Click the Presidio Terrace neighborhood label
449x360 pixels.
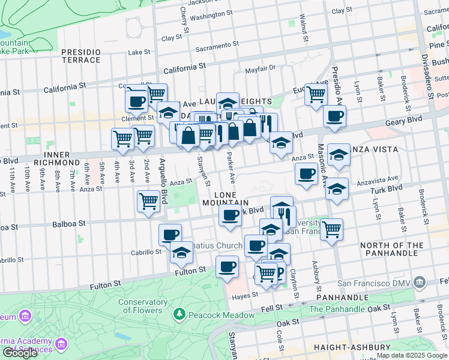coord(81,56)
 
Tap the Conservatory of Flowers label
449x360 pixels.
coord(143,306)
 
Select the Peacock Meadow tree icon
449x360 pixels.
coord(179,314)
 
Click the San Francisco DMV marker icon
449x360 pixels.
coord(420,283)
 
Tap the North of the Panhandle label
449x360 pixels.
coord(392,249)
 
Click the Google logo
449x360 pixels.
coord(20,353)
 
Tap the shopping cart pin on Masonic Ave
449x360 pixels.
coord(331,229)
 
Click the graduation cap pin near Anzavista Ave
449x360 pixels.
coord(337,188)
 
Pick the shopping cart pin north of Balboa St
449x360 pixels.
coord(148,201)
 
